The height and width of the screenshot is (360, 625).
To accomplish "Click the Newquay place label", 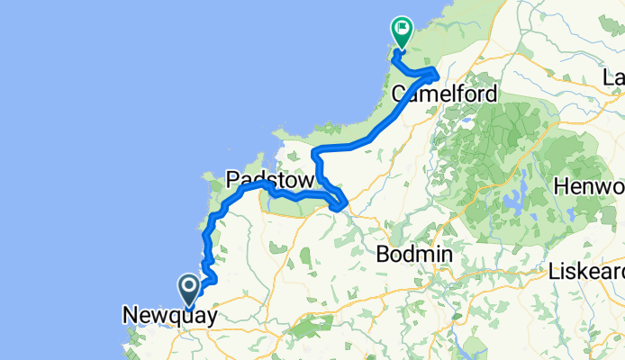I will pyautogui.click(x=168, y=315).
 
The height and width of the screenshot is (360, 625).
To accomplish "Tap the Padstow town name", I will pyautogui.click(x=270, y=180).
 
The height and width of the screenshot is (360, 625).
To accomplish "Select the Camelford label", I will pyautogui.click(x=445, y=93).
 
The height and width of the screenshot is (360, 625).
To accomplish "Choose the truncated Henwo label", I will pyautogui.click(x=591, y=187).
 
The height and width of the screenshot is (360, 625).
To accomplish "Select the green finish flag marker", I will pyautogui.click(x=401, y=33).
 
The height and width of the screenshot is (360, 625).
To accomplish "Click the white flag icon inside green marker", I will pyautogui.click(x=401, y=30).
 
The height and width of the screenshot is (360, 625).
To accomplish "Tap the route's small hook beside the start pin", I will pyautogui.click(x=212, y=280).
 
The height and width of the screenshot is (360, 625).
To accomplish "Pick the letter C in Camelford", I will pyautogui.click(x=400, y=93).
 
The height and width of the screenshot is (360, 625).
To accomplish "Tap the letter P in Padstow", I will pyautogui.click(x=231, y=180).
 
